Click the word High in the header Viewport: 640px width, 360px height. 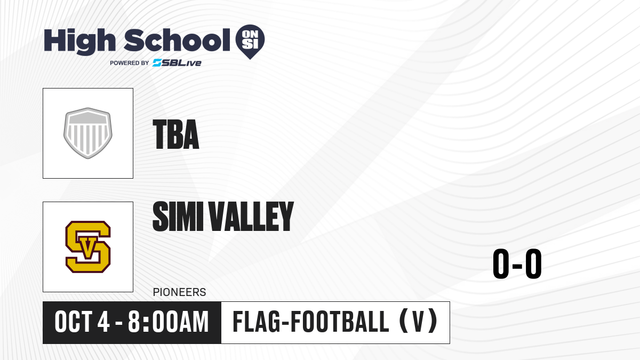(x=79, y=42)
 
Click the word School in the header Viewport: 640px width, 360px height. (x=177, y=40)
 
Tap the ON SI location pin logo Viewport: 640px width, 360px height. (x=250, y=42)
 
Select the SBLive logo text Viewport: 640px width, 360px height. (x=177, y=63)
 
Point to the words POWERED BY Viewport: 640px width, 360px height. (x=130, y=63)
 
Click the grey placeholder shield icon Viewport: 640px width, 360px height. (x=87, y=133)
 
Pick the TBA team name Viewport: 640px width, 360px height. (x=175, y=134)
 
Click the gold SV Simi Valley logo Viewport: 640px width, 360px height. (x=88, y=246)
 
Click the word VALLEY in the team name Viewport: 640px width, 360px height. (x=251, y=216)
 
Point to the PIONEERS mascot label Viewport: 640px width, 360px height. (x=179, y=292)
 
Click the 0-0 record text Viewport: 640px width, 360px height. (x=517, y=263)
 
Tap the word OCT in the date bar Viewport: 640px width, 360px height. (x=74, y=322)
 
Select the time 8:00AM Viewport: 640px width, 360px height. (x=169, y=322)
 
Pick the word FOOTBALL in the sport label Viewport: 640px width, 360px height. (x=340, y=322)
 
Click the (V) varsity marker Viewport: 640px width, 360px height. (x=419, y=321)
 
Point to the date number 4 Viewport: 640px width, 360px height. (x=103, y=322)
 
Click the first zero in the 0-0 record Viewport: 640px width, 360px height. (x=501, y=263)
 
